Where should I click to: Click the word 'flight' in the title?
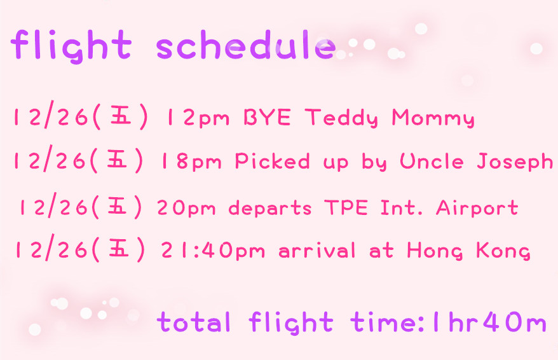click(71, 46)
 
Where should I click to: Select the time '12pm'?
click(198, 118)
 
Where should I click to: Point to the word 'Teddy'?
click(342, 118)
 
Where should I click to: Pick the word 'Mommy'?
click(433, 118)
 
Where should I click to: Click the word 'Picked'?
click(272, 161)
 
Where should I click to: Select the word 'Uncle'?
click(432, 161)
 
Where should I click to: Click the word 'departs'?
click(270, 208)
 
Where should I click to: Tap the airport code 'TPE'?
click(346, 207)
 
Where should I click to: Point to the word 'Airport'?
click(477, 208)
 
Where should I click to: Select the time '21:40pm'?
click(213, 250)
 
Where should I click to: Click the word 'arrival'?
click(317, 249)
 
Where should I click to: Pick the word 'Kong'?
click(503, 251)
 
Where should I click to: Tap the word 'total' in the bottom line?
click(194, 322)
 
